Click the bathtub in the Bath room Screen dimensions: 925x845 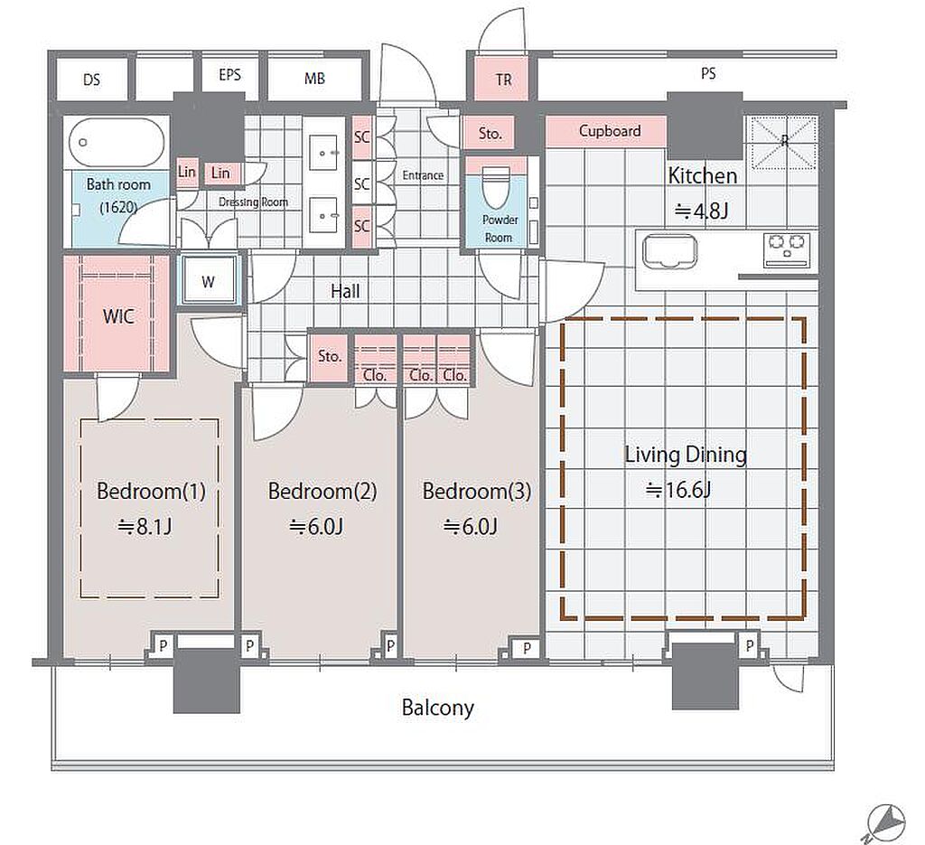pyautogui.click(x=117, y=143)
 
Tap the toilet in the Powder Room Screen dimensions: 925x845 pyautogui.click(x=496, y=187)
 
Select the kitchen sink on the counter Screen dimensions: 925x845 pyautogui.click(x=669, y=252)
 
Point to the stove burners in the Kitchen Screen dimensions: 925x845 pyautogui.click(x=787, y=250)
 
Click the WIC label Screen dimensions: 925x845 pyautogui.click(x=118, y=316)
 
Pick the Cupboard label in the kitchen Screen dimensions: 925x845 pyautogui.click(x=610, y=130)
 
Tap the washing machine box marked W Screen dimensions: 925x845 pyautogui.click(x=209, y=281)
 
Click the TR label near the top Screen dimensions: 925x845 pyautogui.click(x=503, y=80)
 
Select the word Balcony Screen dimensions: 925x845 pyautogui.click(x=438, y=708)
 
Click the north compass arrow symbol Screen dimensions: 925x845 pyautogui.click(x=885, y=823)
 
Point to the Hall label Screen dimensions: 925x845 pyautogui.click(x=345, y=291)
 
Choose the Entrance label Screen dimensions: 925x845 pyautogui.click(x=423, y=175)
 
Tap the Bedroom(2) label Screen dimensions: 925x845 pyautogui.click(x=322, y=491)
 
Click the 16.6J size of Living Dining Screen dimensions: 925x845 pyautogui.click(x=677, y=490)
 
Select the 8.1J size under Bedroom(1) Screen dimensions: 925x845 pyautogui.click(x=145, y=526)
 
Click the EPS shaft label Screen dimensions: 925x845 pyautogui.click(x=229, y=75)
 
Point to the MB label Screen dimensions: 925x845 pyautogui.click(x=314, y=79)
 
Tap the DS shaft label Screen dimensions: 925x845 pyautogui.click(x=91, y=80)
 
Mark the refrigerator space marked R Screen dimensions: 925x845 pyautogui.click(x=782, y=142)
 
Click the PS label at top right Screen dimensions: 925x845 pyautogui.click(x=708, y=74)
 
